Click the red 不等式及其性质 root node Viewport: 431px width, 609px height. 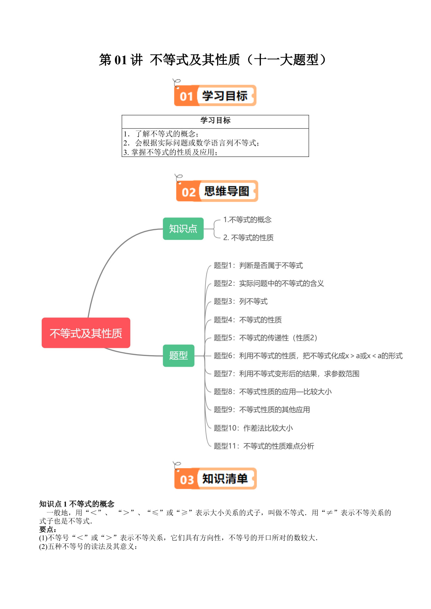coord(86,333)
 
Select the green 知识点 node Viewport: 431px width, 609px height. coord(183,228)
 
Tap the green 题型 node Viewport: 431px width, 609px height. coord(179,356)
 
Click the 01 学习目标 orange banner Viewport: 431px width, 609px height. coord(215,95)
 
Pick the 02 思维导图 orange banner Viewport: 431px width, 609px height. coord(217,191)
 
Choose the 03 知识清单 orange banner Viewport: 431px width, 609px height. coord(215,478)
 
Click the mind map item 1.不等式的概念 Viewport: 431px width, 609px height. coord(247,220)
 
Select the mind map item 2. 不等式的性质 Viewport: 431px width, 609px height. coord(248,237)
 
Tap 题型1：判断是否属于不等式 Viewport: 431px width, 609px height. coord(258,266)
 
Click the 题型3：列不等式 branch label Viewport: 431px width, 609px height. coord(241,301)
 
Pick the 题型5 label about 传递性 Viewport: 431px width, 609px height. coord(266,337)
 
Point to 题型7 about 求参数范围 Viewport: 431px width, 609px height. coord(287,374)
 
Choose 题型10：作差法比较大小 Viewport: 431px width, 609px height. coord(253,428)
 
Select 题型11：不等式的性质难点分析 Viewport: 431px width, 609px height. coord(264,446)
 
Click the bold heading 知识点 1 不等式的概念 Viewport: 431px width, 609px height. coord(77,504)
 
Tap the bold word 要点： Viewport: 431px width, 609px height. coord(48,529)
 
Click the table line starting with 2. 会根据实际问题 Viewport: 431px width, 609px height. coord(191,143)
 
